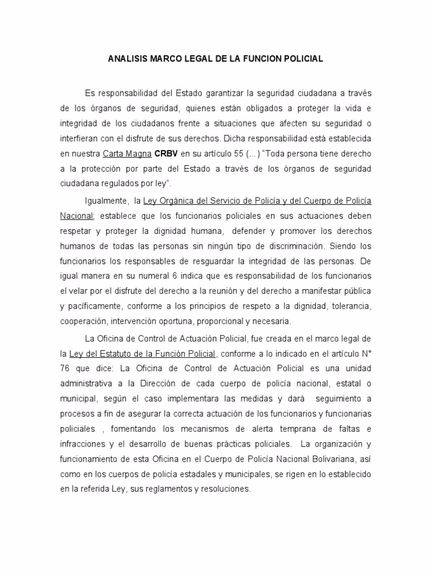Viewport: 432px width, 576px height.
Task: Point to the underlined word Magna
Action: pyautogui.click(x=138, y=154)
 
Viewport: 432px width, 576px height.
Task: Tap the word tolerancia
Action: pyautogui.click(x=350, y=307)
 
